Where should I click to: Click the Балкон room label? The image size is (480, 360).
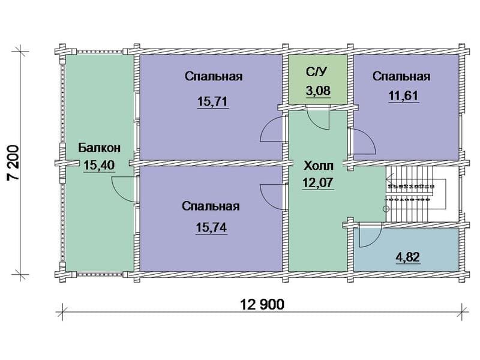[x=99, y=148]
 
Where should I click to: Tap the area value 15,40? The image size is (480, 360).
[x=99, y=166]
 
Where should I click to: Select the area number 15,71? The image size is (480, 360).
[x=213, y=101]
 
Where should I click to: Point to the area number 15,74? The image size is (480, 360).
[x=211, y=227]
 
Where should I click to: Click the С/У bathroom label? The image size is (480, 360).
[x=317, y=72]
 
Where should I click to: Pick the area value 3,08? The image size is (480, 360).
[x=318, y=91]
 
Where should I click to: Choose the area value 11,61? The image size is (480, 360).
[x=404, y=96]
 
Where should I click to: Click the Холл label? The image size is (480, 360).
[x=319, y=166]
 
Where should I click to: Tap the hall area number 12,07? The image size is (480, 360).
[x=318, y=183]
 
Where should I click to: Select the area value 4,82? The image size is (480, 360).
[x=408, y=257]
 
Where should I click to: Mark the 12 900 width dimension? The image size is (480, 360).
[x=262, y=305]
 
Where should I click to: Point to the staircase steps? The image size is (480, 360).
[x=410, y=194]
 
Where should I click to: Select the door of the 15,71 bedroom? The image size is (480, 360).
[x=271, y=129]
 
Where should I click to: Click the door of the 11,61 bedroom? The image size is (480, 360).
[x=364, y=141]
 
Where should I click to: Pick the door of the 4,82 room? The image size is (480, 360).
[x=370, y=235]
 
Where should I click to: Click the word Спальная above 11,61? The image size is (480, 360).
[x=401, y=77]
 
